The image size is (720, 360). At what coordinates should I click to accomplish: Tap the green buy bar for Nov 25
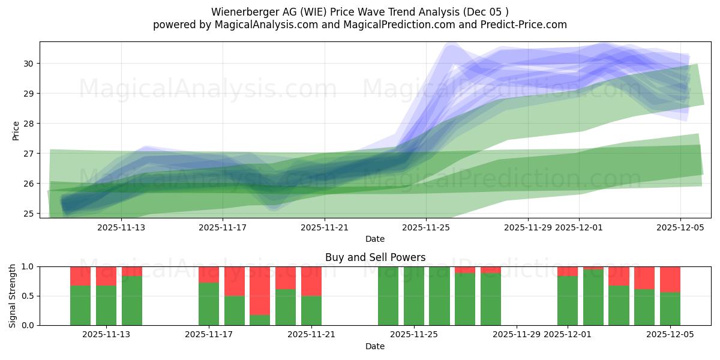click(414, 296)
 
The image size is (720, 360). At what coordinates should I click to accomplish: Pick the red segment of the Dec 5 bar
click(670, 279)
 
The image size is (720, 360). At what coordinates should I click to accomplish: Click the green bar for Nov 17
click(209, 304)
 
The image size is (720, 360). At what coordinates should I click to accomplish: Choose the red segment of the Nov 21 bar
click(311, 281)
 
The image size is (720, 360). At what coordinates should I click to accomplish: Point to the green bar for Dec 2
click(593, 297)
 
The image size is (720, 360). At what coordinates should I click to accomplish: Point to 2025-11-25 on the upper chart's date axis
click(426, 227)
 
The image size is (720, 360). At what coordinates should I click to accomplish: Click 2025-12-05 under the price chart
click(680, 227)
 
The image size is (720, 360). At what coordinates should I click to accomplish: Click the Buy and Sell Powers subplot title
click(375, 257)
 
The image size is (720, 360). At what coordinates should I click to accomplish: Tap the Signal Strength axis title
click(13, 296)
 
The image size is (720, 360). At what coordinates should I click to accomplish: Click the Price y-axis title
click(16, 130)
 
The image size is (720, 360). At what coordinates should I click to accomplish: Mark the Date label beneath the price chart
click(375, 239)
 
